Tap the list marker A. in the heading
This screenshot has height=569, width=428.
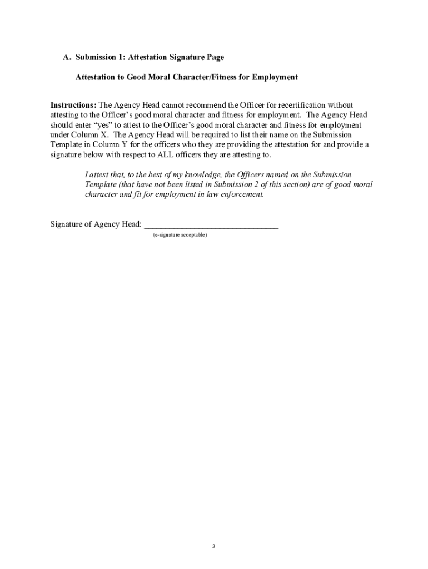point(67,57)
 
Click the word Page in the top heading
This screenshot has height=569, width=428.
point(215,57)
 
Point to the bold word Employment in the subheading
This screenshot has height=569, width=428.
point(275,77)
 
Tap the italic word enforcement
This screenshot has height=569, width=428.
point(242,194)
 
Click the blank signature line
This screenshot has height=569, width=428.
point(211,226)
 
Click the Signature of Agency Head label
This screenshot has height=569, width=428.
point(96,224)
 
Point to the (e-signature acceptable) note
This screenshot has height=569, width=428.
point(181,236)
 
